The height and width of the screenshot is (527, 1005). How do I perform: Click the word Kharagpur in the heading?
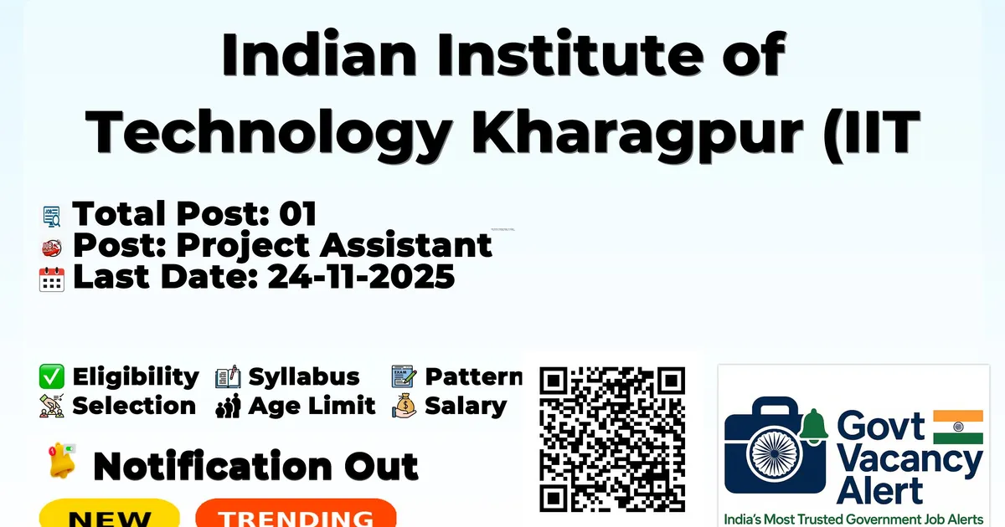pos(637,133)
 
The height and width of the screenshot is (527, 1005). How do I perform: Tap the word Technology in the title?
pos(268,133)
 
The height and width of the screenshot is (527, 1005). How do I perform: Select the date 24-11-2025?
pos(361,277)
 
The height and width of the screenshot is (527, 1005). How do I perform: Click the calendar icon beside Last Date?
pos(52,279)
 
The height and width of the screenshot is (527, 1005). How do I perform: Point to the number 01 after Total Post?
pos(298,213)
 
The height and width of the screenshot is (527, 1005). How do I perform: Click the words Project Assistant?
pos(334,246)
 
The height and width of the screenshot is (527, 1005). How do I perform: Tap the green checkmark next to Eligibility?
pos(52,376)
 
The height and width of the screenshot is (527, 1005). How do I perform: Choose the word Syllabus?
pos(304,376)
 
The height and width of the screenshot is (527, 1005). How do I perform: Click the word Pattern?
pos(474,376)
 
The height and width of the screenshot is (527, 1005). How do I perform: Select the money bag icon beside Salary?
pos(405,406)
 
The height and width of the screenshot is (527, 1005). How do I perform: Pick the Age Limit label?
pos(312,406)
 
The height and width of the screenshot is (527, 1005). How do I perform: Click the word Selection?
pos(134,406)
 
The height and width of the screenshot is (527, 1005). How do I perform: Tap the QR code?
pos(612,439)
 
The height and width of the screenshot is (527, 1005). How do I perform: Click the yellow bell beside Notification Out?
pos(62,461)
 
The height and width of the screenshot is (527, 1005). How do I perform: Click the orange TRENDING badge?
pos(296,514)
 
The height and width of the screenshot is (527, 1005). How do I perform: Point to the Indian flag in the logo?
pos(958,427)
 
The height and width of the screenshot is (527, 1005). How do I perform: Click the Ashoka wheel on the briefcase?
pos(774,454)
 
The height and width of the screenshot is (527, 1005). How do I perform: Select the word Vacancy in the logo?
pos(910,462)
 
